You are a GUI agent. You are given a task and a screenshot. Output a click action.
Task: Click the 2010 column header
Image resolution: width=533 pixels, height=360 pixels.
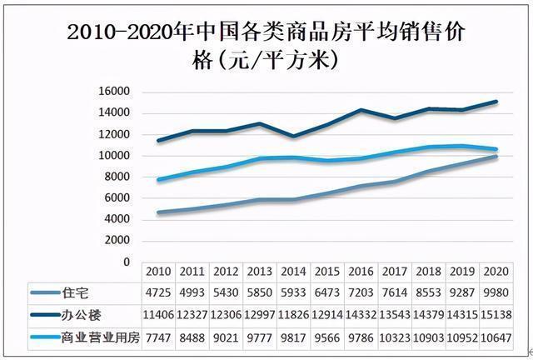(157, 272)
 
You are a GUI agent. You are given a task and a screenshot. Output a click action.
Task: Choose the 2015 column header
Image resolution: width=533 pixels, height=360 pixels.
(327, 272)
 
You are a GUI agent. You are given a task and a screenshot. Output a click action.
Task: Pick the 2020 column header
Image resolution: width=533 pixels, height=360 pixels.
(497, 272)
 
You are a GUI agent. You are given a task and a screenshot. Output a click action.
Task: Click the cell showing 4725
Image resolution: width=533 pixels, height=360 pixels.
(157, 292)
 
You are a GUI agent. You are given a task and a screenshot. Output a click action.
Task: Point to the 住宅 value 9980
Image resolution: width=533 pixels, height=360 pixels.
(497, 292)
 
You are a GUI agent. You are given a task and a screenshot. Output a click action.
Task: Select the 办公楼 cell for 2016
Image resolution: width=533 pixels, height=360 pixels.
(361, 315)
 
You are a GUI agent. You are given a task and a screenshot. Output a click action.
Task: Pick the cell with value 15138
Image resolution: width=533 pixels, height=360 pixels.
(497, 315)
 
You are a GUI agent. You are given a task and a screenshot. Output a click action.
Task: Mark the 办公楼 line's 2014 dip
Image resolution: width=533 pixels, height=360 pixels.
(293, 136)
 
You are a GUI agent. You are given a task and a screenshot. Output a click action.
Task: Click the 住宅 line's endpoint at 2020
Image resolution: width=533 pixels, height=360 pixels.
(497, 156)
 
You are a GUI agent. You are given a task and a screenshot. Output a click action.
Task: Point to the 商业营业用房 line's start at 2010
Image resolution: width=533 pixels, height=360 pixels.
(157, 179)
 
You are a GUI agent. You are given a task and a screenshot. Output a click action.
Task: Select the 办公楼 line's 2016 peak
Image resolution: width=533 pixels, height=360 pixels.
(361, 109)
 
